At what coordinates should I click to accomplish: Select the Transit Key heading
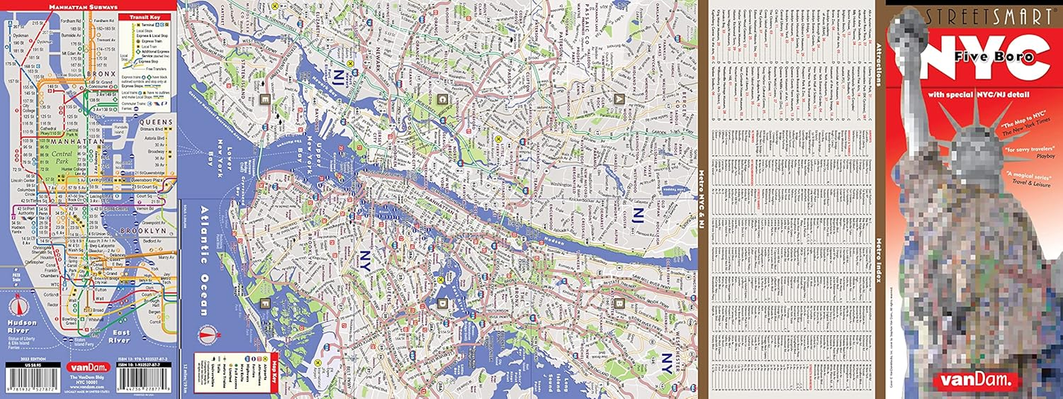(x=145, y=17)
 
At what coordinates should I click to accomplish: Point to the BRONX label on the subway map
(x=102, y=74)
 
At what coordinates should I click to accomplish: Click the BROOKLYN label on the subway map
(x=143, y=231)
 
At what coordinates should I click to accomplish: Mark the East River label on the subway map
(x=120, y=336)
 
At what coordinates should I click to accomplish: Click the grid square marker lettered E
(x=265, y=99)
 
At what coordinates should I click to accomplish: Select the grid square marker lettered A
(x=619, y=98)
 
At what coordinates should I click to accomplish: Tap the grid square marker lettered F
(x=265, y=302)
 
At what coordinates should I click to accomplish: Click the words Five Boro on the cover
(x=994, y=57)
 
